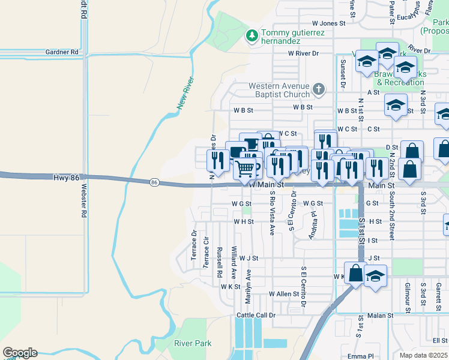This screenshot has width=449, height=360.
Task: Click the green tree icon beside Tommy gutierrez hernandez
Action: (252, 37)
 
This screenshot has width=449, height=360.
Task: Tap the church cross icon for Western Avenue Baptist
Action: (319, 90)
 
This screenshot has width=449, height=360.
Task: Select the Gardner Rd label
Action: (62, 52)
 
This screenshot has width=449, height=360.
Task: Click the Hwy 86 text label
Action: (66, 178)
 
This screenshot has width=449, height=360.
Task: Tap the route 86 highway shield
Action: (154, 182)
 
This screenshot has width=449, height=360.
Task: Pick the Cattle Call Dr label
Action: (256, 315)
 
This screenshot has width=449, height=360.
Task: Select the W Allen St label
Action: (284, 294)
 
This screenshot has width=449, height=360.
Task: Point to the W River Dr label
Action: (303, 53)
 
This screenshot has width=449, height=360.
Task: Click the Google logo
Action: (20, 353)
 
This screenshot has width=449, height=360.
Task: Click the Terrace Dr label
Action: (194, 245)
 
